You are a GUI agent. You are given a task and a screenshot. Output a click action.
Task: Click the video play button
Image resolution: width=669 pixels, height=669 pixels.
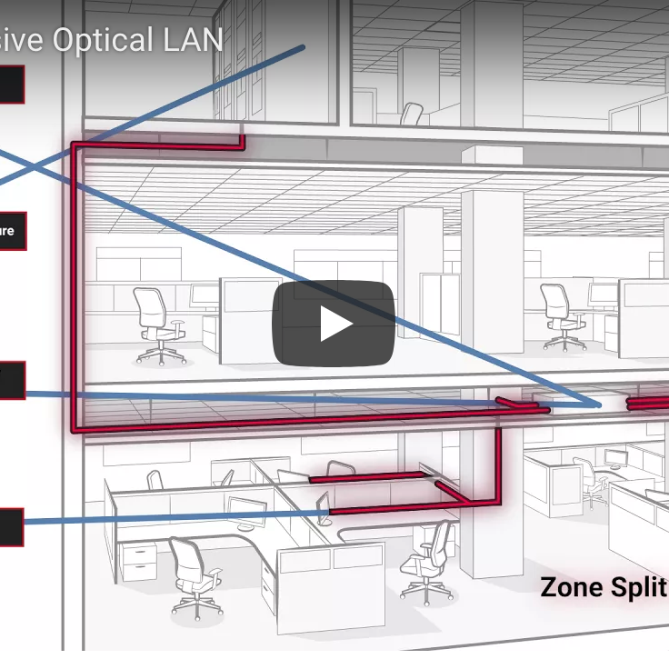coord(334,324)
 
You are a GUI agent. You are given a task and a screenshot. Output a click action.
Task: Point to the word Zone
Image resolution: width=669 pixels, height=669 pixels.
coord(570,586)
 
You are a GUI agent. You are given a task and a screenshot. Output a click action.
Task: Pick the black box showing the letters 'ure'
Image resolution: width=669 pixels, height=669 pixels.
coord(11,231)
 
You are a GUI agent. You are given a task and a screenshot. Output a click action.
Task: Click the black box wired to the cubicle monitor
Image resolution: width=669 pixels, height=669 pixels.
coord(10,527)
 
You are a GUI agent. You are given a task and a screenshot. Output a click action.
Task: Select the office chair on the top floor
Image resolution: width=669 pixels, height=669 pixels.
coord(411,114)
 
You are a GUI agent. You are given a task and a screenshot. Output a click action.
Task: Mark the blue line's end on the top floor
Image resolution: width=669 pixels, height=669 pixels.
coord(302,47)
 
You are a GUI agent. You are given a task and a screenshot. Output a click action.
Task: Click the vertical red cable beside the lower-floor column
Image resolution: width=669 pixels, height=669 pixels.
coord(498,464)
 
